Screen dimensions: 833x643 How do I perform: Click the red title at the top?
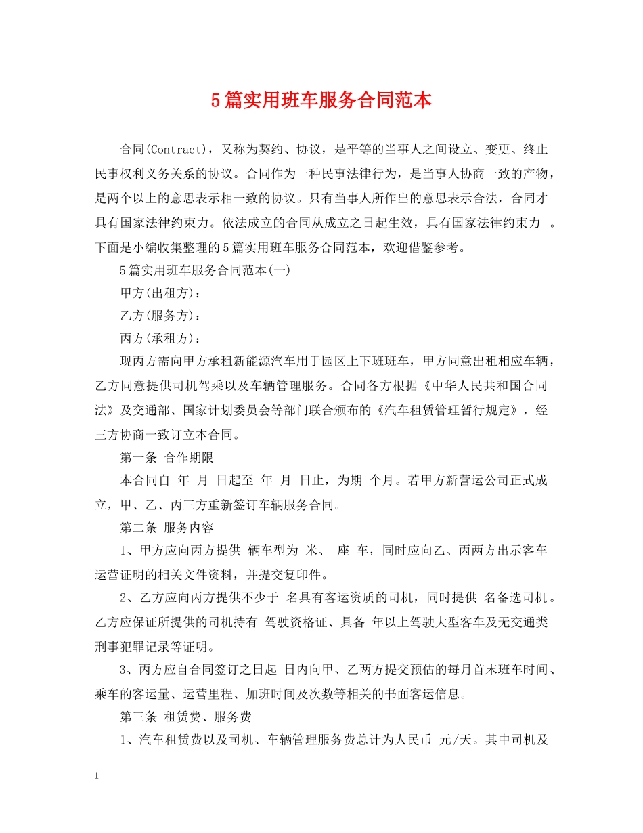(321, 101)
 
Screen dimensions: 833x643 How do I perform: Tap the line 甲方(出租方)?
(160, 293)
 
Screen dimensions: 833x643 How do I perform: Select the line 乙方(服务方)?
(160, 316)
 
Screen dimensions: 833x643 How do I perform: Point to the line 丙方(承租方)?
(160, 339)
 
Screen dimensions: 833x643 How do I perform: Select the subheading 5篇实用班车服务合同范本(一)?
(205, 270)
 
